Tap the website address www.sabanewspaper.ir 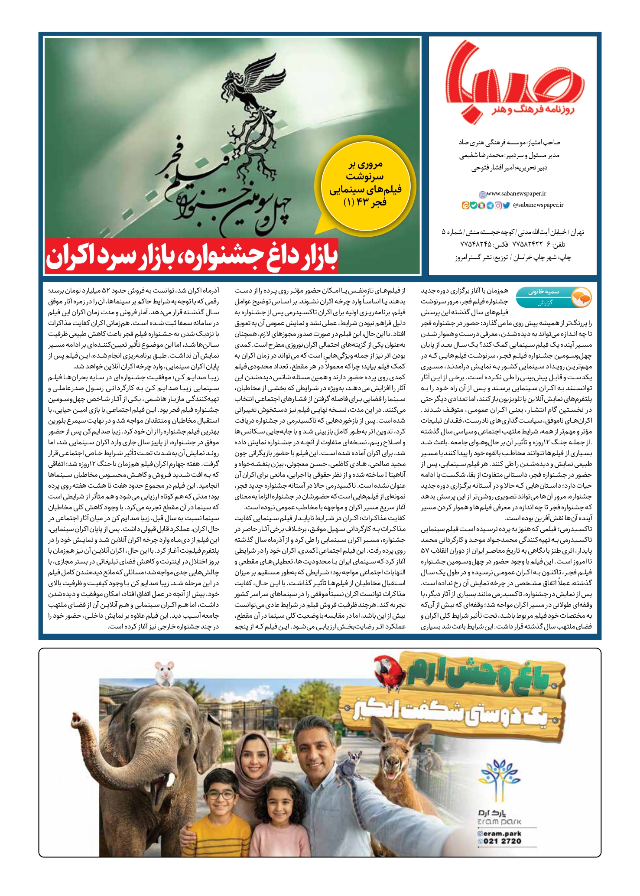(516, 194)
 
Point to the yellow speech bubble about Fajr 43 (365, 183)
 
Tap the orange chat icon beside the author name (581, 297)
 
